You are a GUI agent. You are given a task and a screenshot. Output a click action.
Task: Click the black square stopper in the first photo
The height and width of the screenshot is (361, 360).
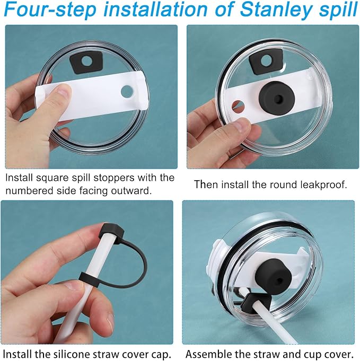click(x=86, y=62)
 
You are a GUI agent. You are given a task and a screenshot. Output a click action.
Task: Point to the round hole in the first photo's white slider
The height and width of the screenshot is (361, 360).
click(x=127, y=92)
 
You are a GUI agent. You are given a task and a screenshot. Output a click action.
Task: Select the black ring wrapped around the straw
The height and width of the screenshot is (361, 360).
click(x=89, y=279)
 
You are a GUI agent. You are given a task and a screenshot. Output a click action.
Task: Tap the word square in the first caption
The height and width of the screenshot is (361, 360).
click(x=55, y=179)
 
